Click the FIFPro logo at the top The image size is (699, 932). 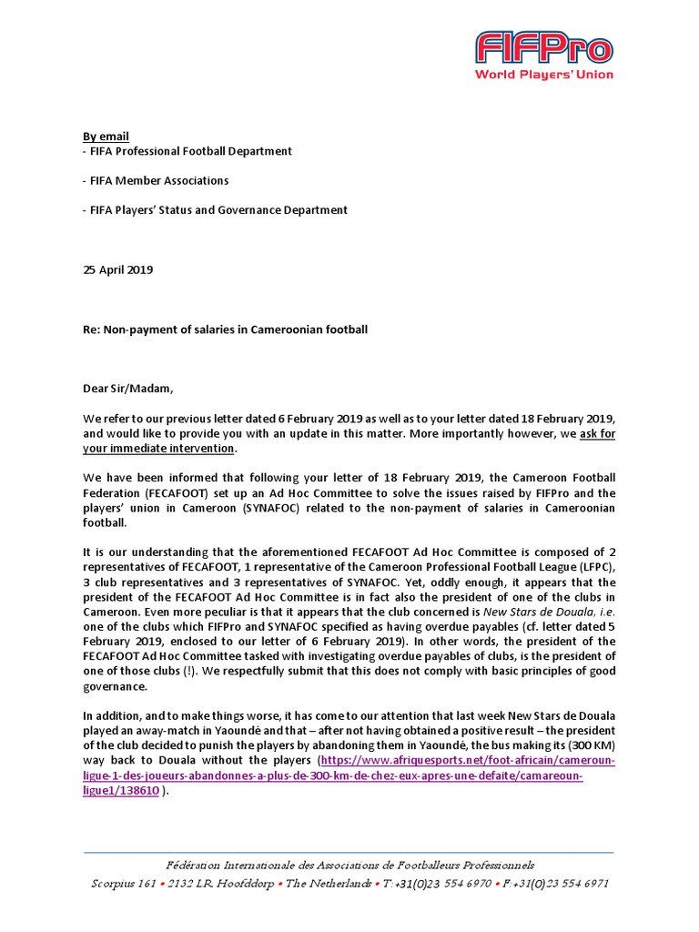(x=543, y=47)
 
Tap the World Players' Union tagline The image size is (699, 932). (x=543, y=75)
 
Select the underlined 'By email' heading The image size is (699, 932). (x=106, y=137)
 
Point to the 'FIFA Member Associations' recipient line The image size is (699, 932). (x=156, y=180)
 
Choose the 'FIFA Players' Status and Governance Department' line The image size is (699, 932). (x=215, y=210)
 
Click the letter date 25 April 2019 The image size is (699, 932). (x=118, y=269)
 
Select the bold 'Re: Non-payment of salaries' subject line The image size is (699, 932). (x=225, y=329)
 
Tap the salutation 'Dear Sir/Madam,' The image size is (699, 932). (x=127, y=389)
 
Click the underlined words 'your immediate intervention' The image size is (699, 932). (x=159, y=449)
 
